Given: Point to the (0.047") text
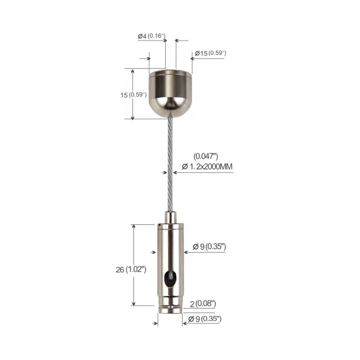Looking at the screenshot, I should (x=206, y=156).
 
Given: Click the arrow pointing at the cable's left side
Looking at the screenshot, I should (x=164, y=171).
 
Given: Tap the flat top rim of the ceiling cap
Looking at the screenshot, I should (x=170, y=71).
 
